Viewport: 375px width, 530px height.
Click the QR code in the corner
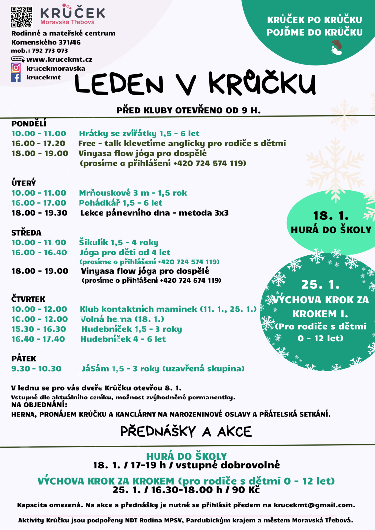pos(22,17)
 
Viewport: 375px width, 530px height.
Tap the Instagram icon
pos(16,68)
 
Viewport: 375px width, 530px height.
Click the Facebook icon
pos(16,77)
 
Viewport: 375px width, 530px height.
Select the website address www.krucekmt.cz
pos(59,60)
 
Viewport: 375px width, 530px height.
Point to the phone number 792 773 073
pos(50,51)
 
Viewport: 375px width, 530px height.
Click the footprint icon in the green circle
pos(336,47)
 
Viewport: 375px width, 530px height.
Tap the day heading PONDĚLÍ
pos(29,124)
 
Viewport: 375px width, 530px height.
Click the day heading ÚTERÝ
pos(24,183)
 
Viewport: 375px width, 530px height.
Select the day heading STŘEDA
pos(26,233)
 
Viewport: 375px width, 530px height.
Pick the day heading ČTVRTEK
pos(28,299)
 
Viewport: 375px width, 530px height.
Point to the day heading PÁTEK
pos(24,359)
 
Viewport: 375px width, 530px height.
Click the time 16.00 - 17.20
pos(38,143)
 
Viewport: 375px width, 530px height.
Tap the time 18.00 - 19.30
pos(39,213)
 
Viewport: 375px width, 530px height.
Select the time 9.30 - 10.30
pos(36,369)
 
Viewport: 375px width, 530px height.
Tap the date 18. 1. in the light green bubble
pos(331,216)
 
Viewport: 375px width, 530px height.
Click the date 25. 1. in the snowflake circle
pos(320,284)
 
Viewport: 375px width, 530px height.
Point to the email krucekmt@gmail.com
pos(314,505)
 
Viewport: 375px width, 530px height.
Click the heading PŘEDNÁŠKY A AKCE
pos(186,431)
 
